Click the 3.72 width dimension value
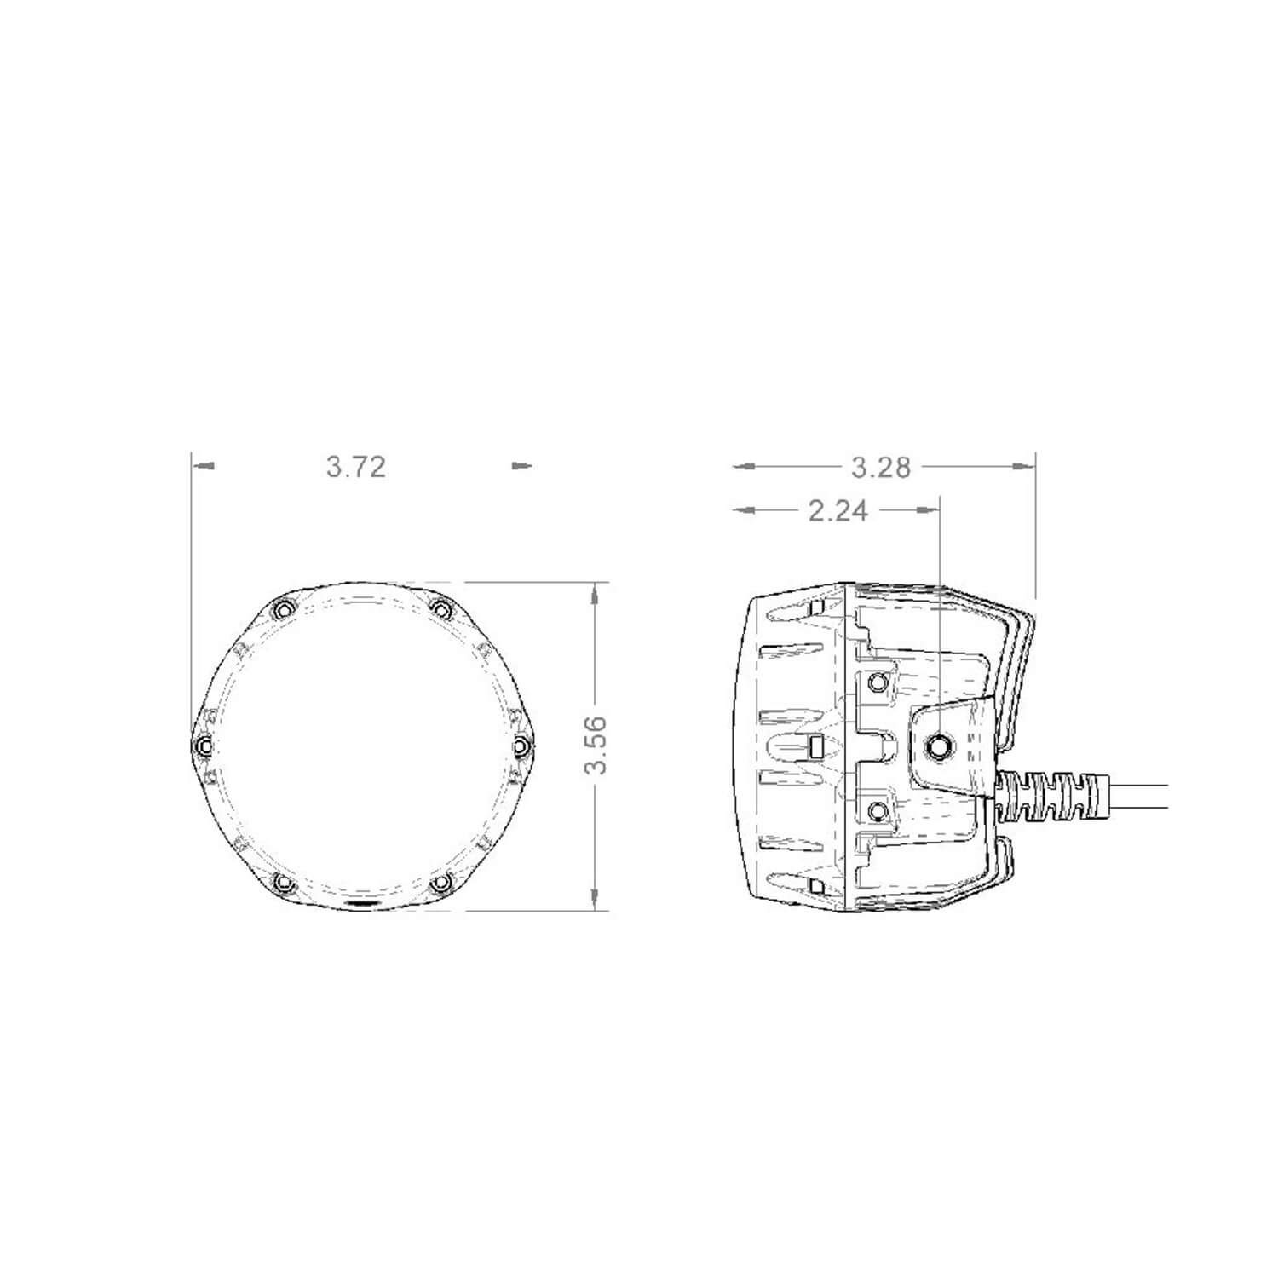click(356, 467)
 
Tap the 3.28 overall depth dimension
click(881, 467)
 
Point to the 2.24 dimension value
click(838, 510)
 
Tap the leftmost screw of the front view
click(202, 746)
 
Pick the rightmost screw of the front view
click(521, 746)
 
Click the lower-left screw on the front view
click(281, 883)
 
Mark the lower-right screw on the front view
click(440, 883)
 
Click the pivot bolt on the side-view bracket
click(939, 745)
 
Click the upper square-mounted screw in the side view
click(878, 682)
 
